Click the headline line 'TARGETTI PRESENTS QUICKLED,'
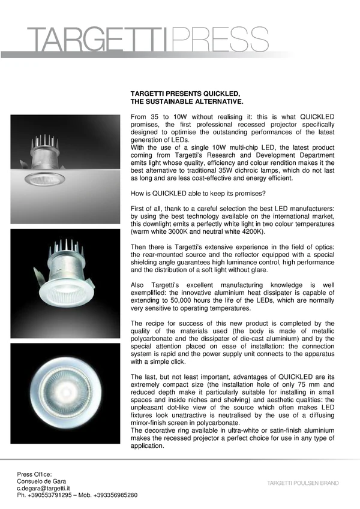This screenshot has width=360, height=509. tap(185, 94)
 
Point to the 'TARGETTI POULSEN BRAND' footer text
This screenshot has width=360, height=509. tap(303, 483)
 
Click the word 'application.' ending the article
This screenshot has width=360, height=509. tap(148, 446)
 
